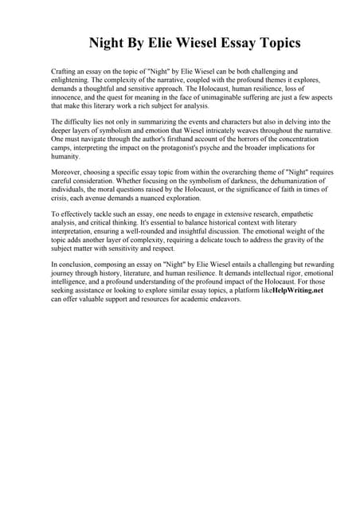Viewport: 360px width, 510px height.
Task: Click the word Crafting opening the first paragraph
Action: pos(65,72)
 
